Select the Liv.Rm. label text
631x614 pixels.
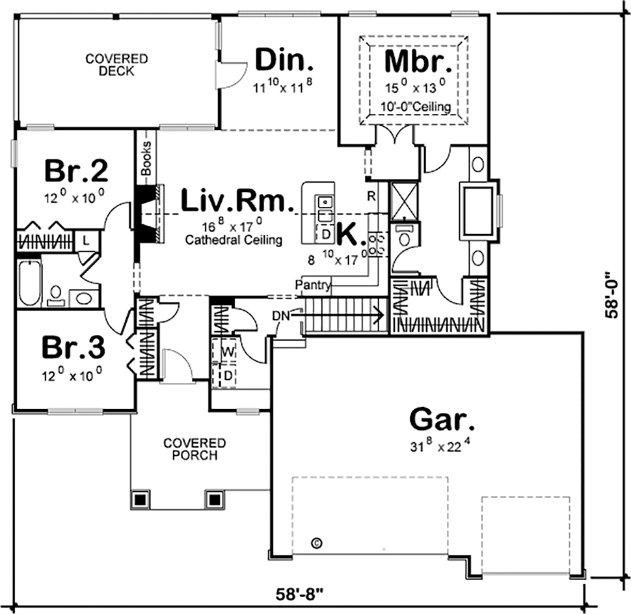tap(233, 200)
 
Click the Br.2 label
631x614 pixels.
tap(75, 171)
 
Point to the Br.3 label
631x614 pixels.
tap(73, 347)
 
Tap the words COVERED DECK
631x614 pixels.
tap(117, 64)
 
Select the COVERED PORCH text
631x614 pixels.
tap(195, 449)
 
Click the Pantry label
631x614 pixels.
tap(314, 284)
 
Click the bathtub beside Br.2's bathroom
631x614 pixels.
tap(29, 282)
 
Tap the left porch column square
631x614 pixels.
tap(141, 500)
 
